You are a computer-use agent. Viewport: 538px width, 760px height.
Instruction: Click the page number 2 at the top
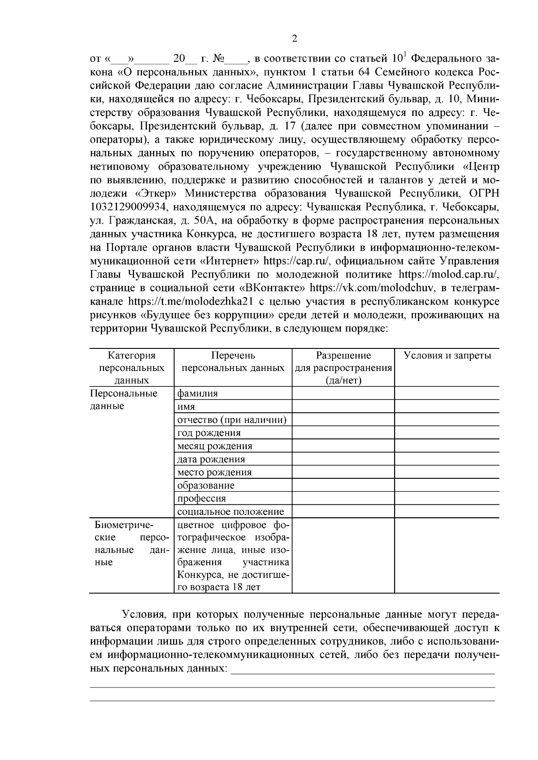coord(295,39)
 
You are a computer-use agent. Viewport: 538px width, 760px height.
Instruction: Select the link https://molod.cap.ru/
coord(448,274)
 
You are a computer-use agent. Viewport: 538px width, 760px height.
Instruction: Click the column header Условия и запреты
coord(447,356)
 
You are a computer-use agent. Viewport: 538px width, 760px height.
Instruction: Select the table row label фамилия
coord(198,394)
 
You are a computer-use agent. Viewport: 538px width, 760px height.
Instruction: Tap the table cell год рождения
coord(209,433)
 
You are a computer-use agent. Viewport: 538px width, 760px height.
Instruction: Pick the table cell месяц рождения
coord(215,446)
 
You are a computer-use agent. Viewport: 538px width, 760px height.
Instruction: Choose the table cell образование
coord(206,485)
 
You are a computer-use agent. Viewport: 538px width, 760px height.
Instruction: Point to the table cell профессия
coord(201,498)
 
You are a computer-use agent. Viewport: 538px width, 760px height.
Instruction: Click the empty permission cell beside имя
coord(343,407)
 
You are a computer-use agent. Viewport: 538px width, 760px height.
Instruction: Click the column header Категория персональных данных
coord(131,368)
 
